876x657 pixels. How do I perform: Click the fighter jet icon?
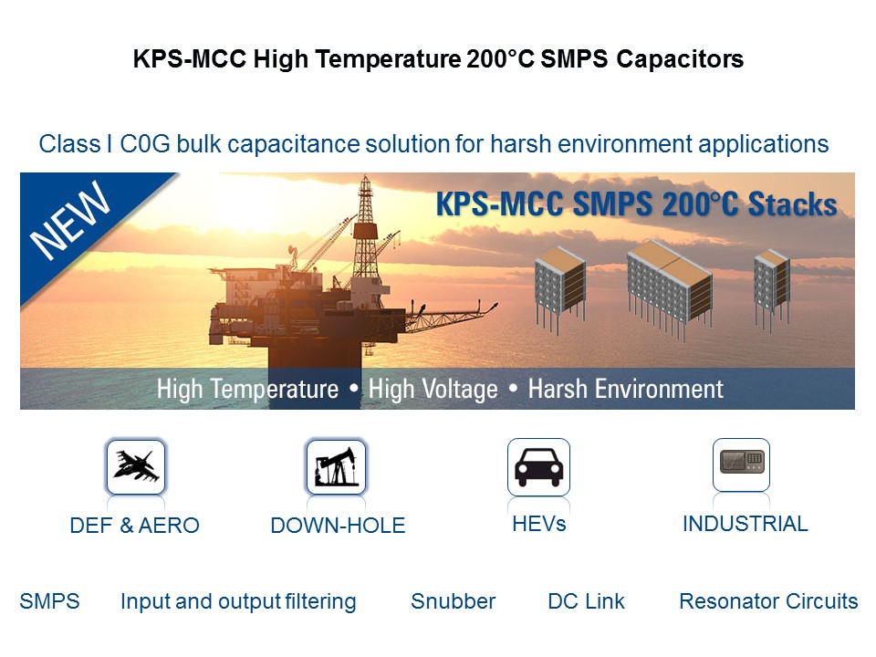point(136,467)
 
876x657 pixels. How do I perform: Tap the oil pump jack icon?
point(336,467)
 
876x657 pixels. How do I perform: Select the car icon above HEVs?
point(538,467)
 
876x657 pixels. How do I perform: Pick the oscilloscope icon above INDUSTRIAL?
point(741,464)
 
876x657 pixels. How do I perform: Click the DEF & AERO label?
point(135,526)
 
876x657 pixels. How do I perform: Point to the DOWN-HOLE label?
point(338,526)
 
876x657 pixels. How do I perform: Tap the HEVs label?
point(539,524)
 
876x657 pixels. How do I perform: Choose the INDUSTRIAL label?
point(746,524)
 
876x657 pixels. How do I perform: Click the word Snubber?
point(454,601)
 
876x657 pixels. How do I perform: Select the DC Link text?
point(586,601)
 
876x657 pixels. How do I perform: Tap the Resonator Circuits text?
point(768,601)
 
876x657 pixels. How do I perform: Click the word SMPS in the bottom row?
point(49,601)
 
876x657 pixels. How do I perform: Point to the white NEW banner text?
point(70,221)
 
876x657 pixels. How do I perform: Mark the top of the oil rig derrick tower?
point(365,177)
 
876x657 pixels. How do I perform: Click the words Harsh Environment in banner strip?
point(626,389)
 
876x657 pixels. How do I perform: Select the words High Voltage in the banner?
point(433,390)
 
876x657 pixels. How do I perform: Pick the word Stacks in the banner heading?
point(792,203)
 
